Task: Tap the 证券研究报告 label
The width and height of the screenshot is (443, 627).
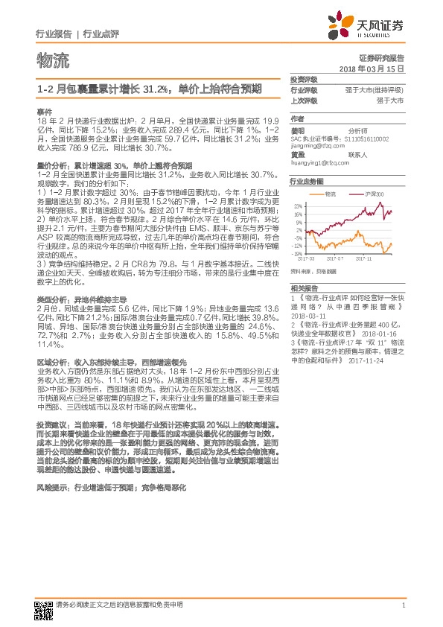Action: coord(381,57)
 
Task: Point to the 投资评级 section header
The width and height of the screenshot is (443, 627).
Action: coord(304,79)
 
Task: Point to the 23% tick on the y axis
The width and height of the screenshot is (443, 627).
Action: coord(298,205)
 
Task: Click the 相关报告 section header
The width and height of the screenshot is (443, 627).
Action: coord(304,287)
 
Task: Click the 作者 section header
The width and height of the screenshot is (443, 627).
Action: coord(298,118)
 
